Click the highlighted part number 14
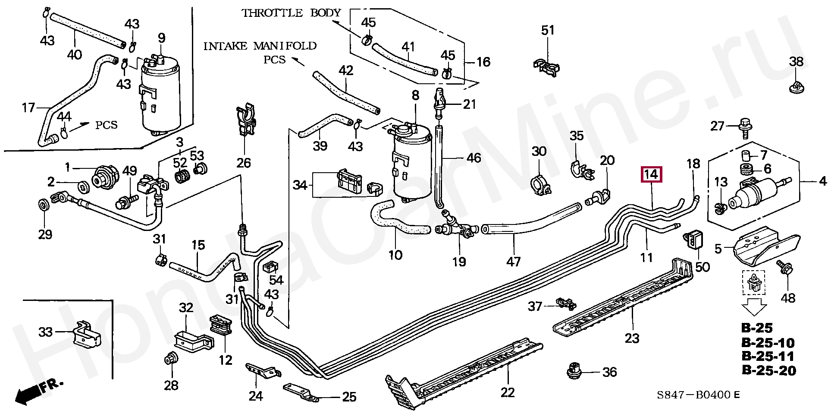pos(652,175)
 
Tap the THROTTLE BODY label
pos(292,13)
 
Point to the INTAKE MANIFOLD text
pos(260,46)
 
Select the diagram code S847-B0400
pos(693,395)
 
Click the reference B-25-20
pos(768,370)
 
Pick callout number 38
pos(796,62)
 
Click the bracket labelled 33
pos(88,339)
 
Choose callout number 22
pos(508,392)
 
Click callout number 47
pos(514,261)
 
